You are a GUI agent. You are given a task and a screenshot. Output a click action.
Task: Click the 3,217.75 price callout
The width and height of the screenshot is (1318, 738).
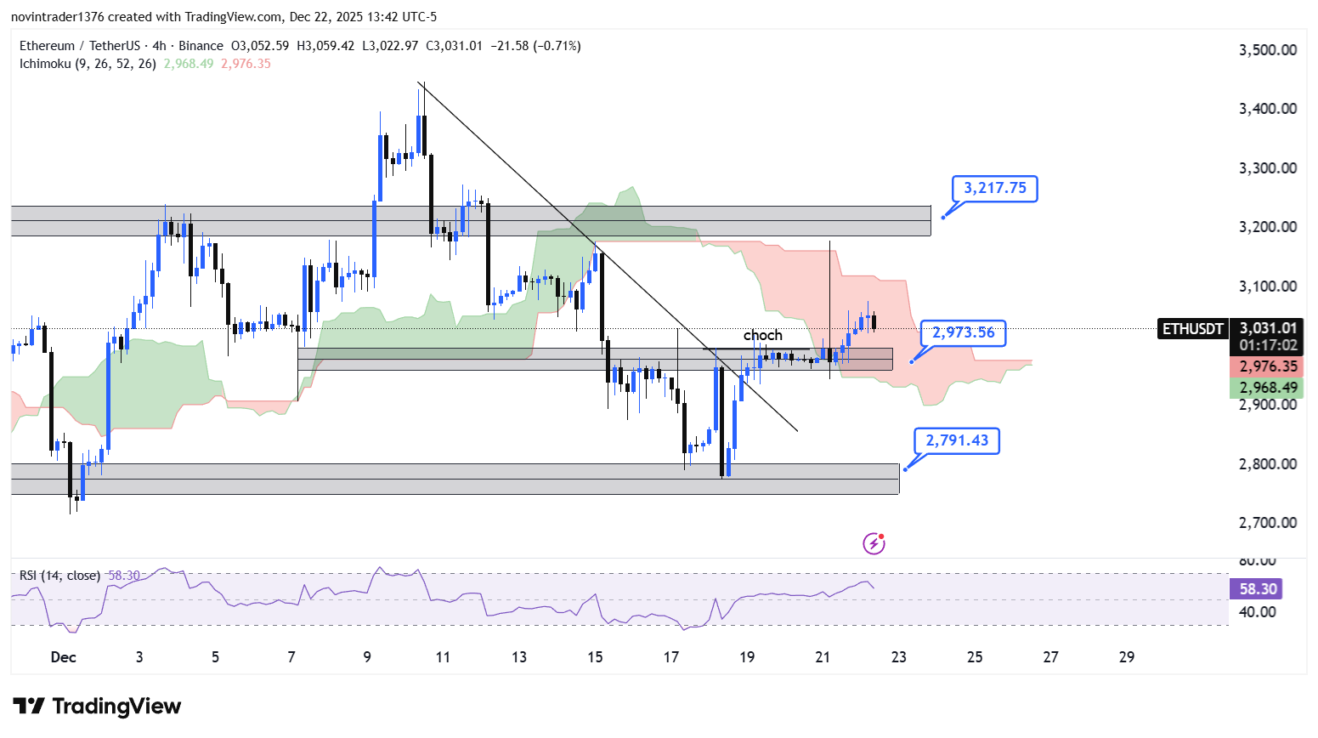click(994, 188)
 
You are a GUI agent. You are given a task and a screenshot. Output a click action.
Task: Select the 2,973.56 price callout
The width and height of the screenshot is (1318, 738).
click(963, 332)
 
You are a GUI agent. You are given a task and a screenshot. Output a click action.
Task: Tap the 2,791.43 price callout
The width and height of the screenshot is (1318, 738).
click(957, 440)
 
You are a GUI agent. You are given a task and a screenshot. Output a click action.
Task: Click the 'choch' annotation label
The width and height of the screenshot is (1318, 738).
click(762, 335)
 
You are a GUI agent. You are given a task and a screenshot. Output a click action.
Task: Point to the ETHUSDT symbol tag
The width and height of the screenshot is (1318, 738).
click(1192, 329)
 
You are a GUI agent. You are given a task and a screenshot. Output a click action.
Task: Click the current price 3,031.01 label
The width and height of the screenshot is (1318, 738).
click(1268, 328)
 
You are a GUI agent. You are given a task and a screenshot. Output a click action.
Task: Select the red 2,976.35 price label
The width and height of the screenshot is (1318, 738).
click(1268, 366)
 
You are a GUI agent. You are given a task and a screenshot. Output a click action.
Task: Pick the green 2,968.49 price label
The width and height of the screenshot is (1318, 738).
click(1268, 388)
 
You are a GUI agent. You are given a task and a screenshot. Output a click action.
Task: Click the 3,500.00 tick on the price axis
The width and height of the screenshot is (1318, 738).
click(1268, 50)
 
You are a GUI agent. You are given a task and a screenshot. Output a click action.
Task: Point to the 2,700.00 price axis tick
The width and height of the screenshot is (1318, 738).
click(1268, 523)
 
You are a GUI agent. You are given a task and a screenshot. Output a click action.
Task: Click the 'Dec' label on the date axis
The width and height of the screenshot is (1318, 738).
click(63, 656)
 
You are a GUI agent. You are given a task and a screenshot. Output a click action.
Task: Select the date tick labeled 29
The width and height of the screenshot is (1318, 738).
click(1127, 656)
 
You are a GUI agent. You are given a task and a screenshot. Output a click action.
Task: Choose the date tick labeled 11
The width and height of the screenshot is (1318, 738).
click(443, 656)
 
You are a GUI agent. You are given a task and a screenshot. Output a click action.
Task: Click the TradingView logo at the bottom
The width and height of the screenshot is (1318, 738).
click(97, 707)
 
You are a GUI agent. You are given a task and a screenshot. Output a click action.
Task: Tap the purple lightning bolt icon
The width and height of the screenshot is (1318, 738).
click(874, 543)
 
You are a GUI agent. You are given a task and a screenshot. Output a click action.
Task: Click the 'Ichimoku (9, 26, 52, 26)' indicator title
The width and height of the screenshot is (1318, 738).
click(88, 64)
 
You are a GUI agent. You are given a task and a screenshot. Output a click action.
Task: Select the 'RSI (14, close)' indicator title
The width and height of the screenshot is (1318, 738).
click(59, 576)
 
